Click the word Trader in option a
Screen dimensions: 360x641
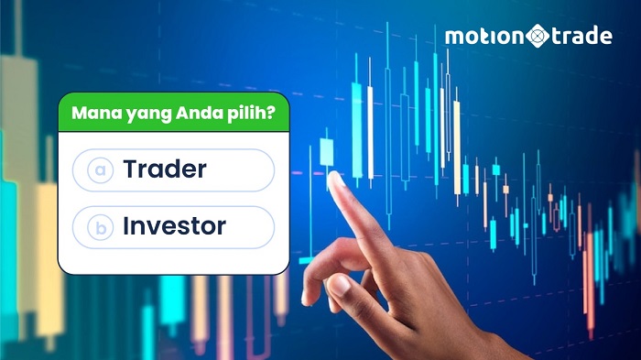(x=164, y=170)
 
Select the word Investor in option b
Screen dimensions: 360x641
(x=174, y=226)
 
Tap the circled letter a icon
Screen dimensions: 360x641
(x=99, y=171)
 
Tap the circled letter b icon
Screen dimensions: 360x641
(x=99, y=227)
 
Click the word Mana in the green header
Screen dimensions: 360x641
(x=95, y=115)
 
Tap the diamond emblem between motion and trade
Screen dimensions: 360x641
(x=537, y=38)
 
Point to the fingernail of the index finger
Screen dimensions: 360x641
(x=337, y=180)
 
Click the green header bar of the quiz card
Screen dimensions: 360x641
(x=173, y=115)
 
